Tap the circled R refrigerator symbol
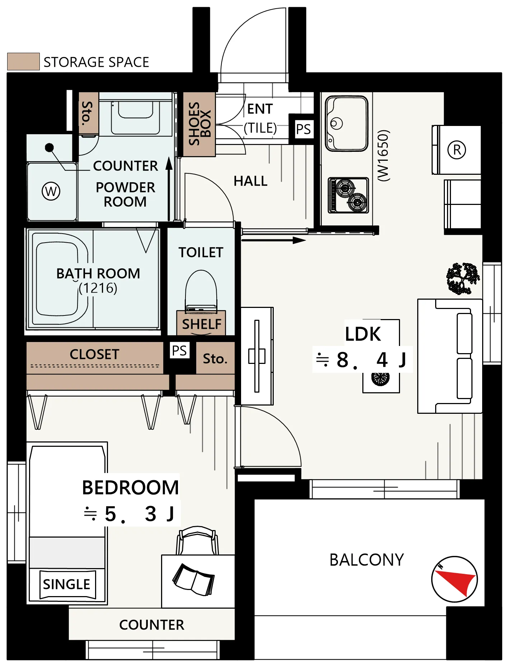tap(457, 150)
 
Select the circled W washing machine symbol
tap(51, 191)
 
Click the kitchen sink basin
tap(347, 123)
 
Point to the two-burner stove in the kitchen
tap(348, 195)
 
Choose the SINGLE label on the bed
tap(67, 584)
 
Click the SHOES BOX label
tap(199, 124)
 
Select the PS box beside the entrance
tap(303, 129)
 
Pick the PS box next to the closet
tap(179, 350)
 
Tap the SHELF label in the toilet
tap(202, 324)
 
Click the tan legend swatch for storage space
tap(23, 61)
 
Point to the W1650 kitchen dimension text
tap(383, 156)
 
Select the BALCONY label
tap(367, 560)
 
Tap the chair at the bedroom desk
tap(197, 540)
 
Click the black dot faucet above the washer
tap(50, 147)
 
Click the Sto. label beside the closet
tap(215, 359)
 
